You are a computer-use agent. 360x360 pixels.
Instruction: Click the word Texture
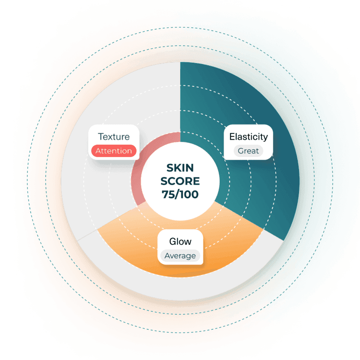114,137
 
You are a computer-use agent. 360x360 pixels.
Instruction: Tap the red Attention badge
114,151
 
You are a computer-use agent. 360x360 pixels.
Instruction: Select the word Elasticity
249,137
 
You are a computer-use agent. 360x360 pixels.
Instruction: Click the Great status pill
248,151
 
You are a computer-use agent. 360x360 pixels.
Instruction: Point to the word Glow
180,242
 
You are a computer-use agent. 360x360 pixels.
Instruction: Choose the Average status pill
180,256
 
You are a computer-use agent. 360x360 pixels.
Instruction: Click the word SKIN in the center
180,168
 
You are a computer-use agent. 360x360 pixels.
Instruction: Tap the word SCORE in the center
180,181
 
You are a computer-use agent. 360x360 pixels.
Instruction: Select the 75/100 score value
180,194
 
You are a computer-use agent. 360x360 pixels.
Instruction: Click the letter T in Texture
101,137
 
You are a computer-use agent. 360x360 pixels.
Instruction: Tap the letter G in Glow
173,242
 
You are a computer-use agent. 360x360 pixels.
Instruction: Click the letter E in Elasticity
232,137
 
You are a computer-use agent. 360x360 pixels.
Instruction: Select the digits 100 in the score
189,194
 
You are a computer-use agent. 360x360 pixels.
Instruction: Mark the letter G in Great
241,151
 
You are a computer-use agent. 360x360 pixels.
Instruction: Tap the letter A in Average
168,256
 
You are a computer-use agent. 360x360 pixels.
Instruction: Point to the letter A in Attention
99,151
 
